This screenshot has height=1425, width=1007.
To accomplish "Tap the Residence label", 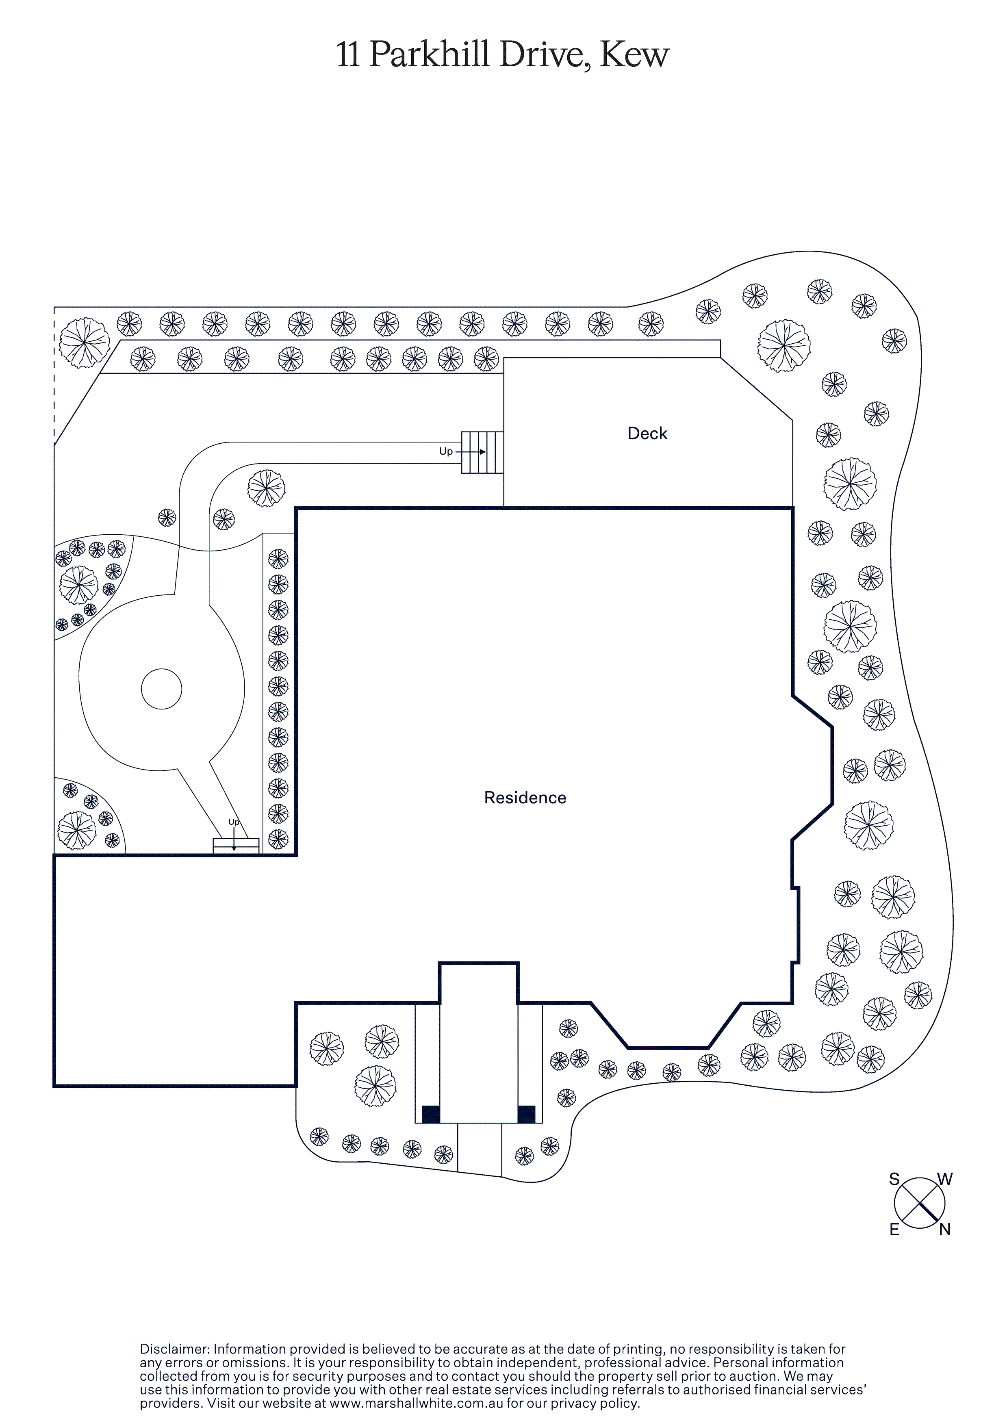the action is tap(525, 798).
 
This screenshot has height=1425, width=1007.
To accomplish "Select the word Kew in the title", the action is tap(634, 55).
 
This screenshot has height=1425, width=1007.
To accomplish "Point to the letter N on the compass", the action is tap(944, 1230).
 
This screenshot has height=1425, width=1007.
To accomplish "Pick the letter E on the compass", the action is tap(894, 1230).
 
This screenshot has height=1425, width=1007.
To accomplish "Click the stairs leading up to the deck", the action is tap(482, 453).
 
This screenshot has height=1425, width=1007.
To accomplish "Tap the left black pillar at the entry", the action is tap(431, 1114).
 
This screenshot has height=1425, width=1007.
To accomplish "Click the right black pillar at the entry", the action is tap(527, 1114).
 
